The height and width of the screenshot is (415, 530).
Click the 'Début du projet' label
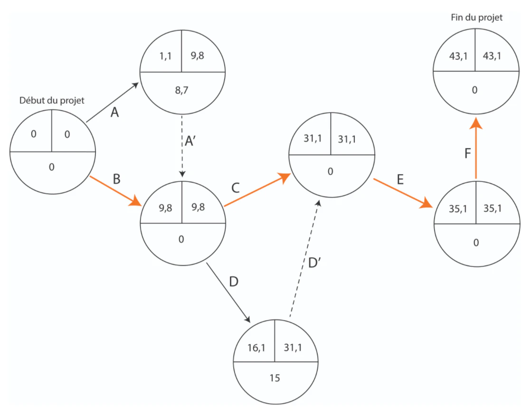(x=52, y=100)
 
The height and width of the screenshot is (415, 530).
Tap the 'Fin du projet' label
(x=477, y=18)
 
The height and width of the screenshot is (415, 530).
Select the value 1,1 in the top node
(x=165, y=56)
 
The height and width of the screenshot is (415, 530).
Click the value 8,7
(x=181, y=90)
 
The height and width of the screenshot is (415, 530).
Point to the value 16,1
(x=256, y=348)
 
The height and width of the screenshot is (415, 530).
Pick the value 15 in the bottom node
(x=274, y=378)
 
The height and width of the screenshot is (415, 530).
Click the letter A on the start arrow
(x=114, y=112)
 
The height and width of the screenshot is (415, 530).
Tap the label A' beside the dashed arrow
(x=190, y=141)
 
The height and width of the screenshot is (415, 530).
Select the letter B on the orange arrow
(x=117, y=179)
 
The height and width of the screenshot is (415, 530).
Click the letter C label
(x=236, y=188)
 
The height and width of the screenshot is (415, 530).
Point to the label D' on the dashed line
(x=314, y=263)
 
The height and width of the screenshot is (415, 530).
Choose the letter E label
(x=400, y=179)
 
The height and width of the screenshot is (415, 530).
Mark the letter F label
(x=467, y=153)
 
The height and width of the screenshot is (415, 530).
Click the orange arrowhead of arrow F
(x=476, y=123)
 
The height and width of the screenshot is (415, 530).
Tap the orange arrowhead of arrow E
(x=426, y=203)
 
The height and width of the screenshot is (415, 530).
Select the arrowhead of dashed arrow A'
(x=182, y=174)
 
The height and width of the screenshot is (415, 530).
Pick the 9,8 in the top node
(x=198, y=56)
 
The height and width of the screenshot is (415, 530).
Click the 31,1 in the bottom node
(x=293, y=348)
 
